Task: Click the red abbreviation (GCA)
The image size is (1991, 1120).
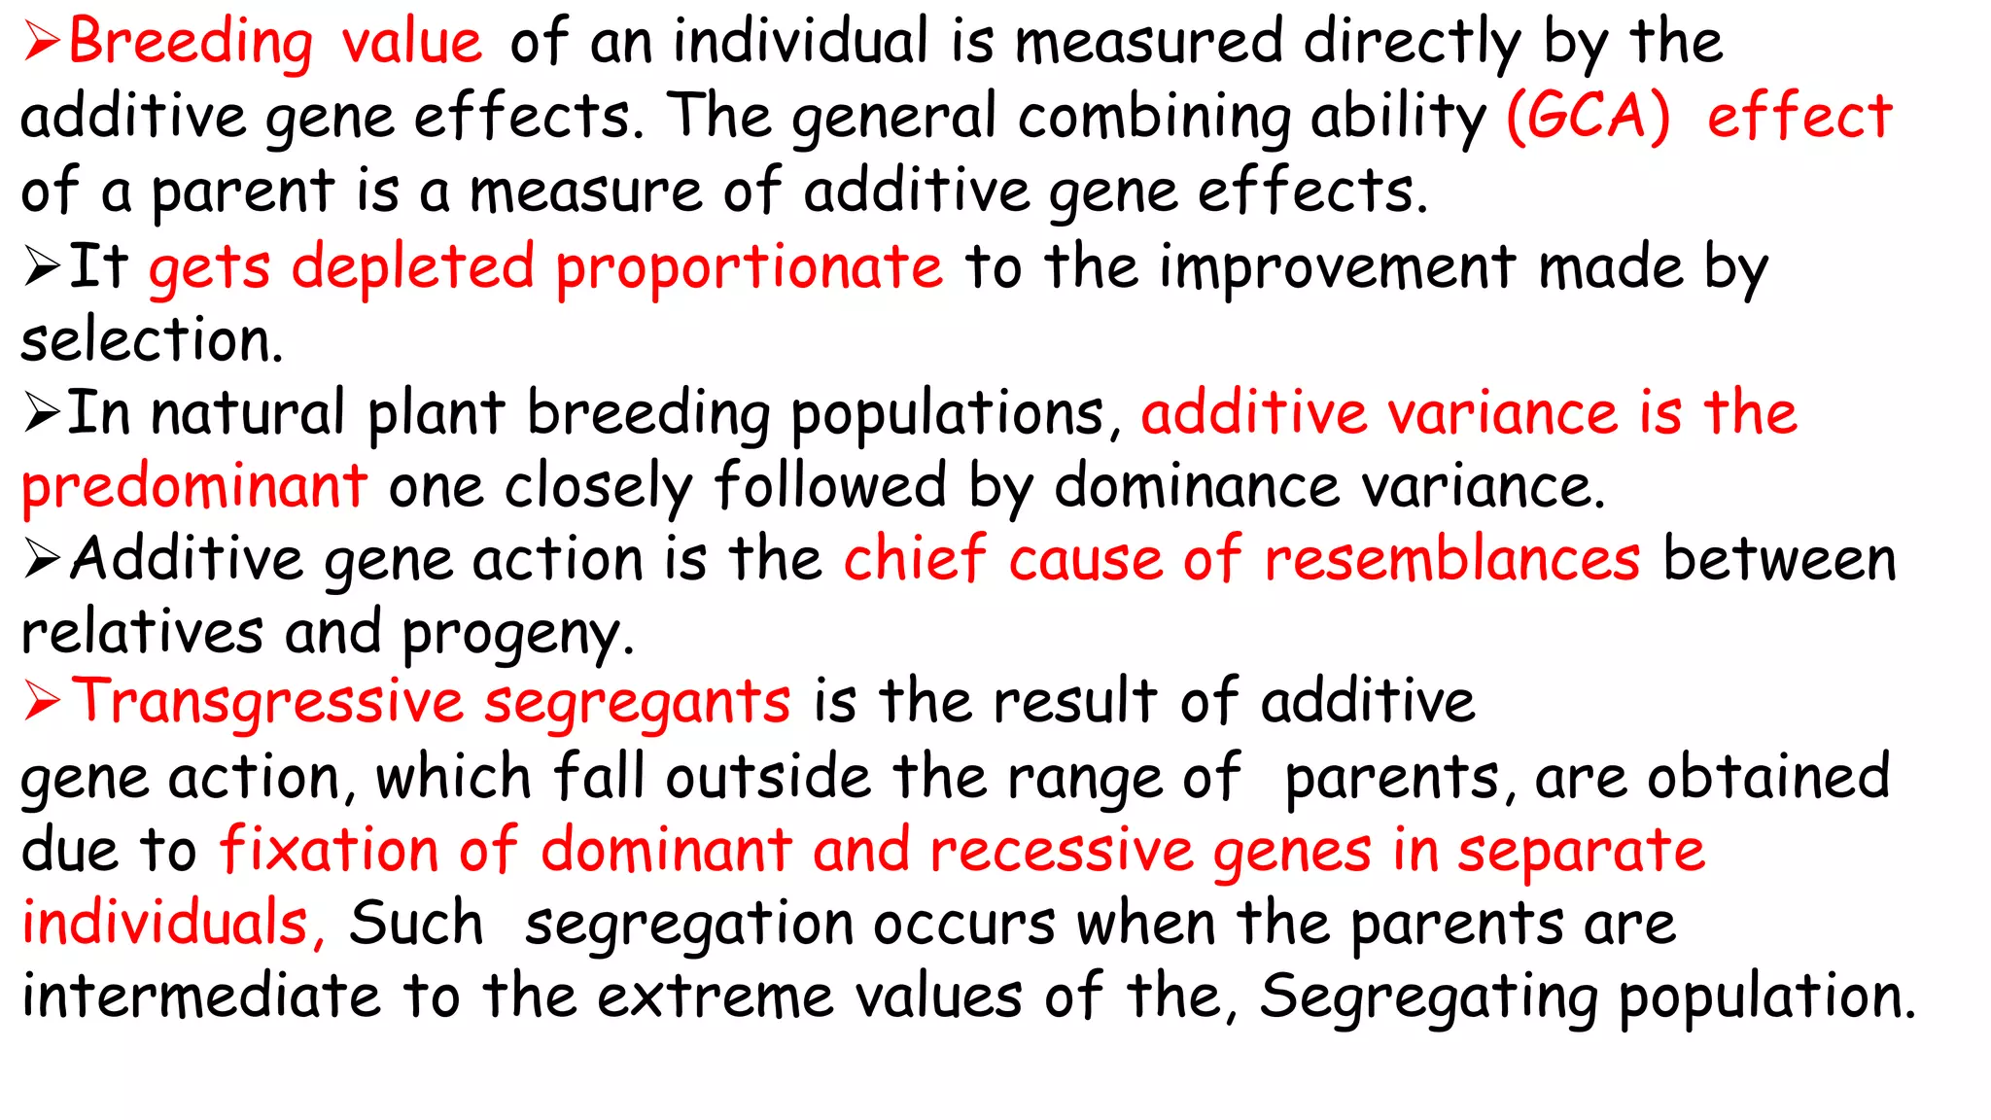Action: point(1588,117)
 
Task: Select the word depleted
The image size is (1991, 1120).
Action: point(412,267)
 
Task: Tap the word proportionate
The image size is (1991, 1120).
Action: point(749,267)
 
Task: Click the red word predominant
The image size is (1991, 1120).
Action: point(194,486)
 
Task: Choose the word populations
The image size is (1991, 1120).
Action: point(948,414)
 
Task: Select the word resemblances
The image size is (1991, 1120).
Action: point(1452,559)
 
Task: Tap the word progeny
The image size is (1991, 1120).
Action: point(517,634)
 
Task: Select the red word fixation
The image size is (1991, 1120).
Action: point(329,849)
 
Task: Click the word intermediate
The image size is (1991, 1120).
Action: point(200,996)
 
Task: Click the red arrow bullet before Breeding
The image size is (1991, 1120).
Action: point(43,43)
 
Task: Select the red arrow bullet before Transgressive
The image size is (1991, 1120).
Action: point(44,700)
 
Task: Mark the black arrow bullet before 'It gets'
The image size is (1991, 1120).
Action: point(43,266)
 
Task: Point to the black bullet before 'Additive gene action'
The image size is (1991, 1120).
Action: point(43,559)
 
